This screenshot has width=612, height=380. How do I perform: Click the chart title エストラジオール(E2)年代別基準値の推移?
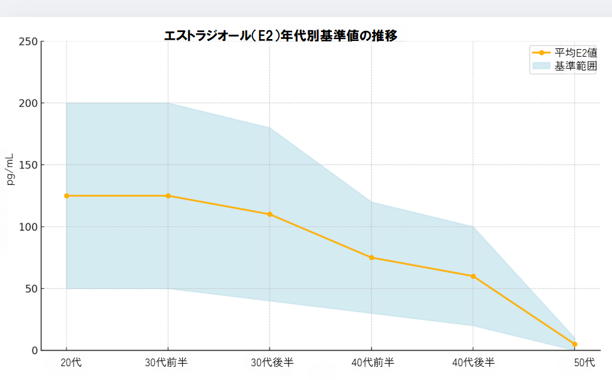pyautogui.click(x=280, y=35)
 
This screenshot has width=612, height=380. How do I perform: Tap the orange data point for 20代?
pyautogui.click(x=67, y=196)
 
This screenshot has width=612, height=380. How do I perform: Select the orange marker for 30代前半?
pyautogui.click(x=168, y=196)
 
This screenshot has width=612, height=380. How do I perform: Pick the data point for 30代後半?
pyautogui.click(x=270, y=215)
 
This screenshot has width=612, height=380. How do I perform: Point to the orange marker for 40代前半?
pyautogui.click(x=371, y=257)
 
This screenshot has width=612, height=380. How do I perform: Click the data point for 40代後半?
pyautogui.click(x=473, y=276)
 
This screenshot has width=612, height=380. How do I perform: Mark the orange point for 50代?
pyautogui.click(x=574, y=344)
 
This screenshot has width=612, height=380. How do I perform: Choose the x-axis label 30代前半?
pyautogui.click(x=167, y=362)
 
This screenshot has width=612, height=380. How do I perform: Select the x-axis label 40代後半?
pyautogui.click(x=474, y=362)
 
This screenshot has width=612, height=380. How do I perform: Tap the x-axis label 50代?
pyautogui.click(x=584, y=362)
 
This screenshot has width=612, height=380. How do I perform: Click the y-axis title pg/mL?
pyautogui.click(x=10, y=169)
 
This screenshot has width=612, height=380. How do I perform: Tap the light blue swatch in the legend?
pyautogui.click(x=541, y=65)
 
